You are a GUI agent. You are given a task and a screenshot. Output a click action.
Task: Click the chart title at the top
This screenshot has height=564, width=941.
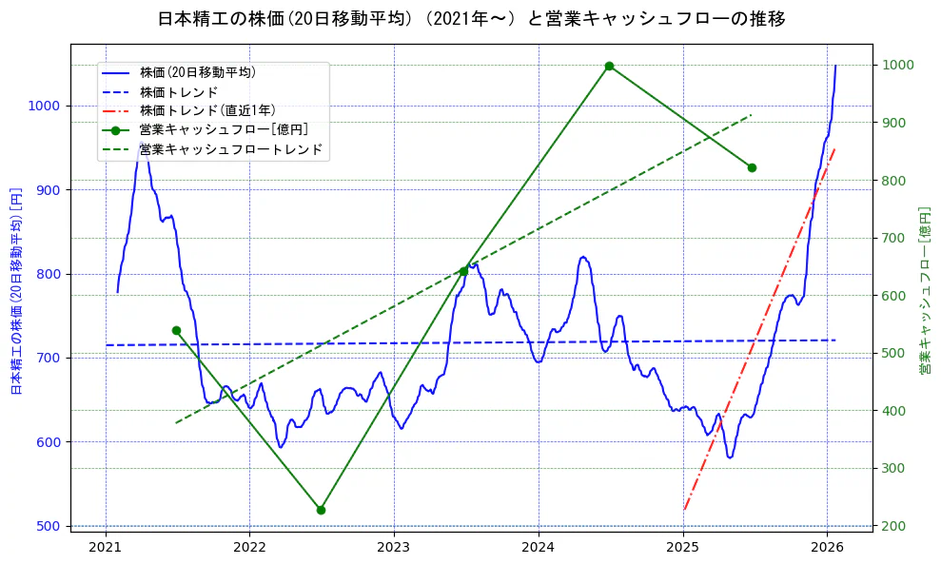(x=471, y=19)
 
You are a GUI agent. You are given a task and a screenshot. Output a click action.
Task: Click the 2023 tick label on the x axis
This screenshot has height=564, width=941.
(x=393, y=547)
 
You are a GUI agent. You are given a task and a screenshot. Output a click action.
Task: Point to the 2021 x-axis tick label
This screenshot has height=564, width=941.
(x=106, y=547)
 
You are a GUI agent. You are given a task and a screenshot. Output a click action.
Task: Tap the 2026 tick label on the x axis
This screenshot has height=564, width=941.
(x=827, y=547)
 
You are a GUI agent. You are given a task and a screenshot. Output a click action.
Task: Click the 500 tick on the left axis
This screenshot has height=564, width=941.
(x=51, y=526)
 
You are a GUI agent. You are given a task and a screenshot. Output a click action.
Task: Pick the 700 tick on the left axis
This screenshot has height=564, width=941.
(x=51, y=359)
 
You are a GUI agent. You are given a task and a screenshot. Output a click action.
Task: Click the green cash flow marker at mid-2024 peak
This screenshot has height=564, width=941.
(x=609, y=67)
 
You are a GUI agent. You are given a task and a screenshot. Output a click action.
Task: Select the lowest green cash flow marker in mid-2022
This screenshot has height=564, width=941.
(x=321, y=510)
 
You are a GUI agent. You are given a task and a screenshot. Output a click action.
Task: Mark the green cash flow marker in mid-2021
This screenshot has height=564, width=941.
(x=176, y=331)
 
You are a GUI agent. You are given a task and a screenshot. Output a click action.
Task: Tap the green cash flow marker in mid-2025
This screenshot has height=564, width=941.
(x=752, y=167)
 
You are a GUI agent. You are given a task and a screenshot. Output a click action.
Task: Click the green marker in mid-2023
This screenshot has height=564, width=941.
(x=463, y=271)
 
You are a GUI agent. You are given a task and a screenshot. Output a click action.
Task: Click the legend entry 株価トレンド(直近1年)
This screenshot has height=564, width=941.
(x=206, y=110)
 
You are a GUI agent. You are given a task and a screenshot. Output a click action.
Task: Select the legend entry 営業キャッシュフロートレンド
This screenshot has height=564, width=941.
(x=231, y=149)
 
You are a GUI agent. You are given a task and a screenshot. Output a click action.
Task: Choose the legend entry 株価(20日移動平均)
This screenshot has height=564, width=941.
(x=197, y=71)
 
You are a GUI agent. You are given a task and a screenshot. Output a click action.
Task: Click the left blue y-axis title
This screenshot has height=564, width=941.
(x=16, y=290)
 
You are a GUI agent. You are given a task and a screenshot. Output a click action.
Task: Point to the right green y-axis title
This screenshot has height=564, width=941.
(x=924, y=290)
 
